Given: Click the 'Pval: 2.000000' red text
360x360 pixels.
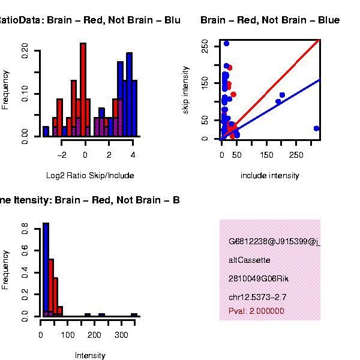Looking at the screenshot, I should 256,311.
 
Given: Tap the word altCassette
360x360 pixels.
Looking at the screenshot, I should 250,260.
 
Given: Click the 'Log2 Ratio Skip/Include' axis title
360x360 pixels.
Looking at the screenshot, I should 90,176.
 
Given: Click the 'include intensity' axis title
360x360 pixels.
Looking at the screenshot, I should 270,176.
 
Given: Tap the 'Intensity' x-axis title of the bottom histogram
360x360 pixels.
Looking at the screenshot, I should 90,356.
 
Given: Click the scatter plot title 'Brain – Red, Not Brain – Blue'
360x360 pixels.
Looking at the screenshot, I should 270,20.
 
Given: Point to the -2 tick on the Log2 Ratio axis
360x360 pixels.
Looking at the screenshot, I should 62,154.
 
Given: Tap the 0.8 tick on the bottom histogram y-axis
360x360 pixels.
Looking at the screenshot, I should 25,228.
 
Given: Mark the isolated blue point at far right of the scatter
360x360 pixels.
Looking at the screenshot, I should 316,128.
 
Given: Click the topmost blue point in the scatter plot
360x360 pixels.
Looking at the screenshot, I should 226,43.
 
